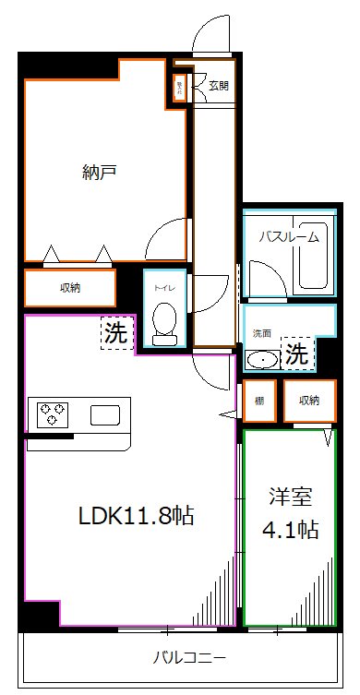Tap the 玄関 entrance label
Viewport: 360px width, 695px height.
coord(218,87)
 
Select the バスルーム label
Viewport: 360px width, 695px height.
coord(288,235)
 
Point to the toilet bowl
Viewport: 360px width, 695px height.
coord(165,320)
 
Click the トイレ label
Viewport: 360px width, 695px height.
coord(165,287)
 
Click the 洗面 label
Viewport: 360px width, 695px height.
coord(258,332)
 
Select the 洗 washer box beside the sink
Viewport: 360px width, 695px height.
coord(296,352)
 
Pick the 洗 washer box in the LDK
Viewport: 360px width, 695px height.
coord(115,334)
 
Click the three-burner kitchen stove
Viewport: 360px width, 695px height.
coord(52,414)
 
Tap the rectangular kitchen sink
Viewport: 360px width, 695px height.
coord(105,414)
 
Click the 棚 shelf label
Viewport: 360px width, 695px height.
coord(259,400)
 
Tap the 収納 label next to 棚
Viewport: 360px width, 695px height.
coord(308,400)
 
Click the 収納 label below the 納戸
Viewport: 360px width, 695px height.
coord(70,288)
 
